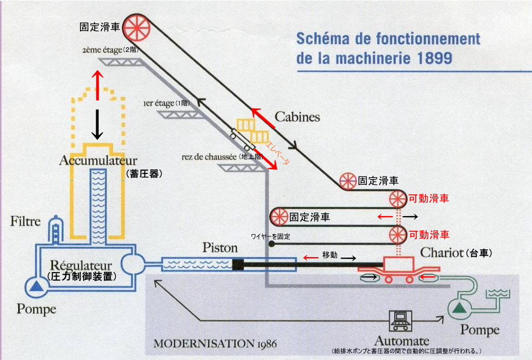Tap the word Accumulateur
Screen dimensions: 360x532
tap(98, 159)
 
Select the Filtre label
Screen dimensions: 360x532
tap(25, 222)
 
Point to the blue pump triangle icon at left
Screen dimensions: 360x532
tap(36, 286)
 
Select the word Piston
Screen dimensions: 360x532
tap(220, 248)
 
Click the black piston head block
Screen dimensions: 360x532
tap(238, 264)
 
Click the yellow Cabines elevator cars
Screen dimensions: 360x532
tap(252, 130)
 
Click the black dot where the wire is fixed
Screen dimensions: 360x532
tap(272, 243)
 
